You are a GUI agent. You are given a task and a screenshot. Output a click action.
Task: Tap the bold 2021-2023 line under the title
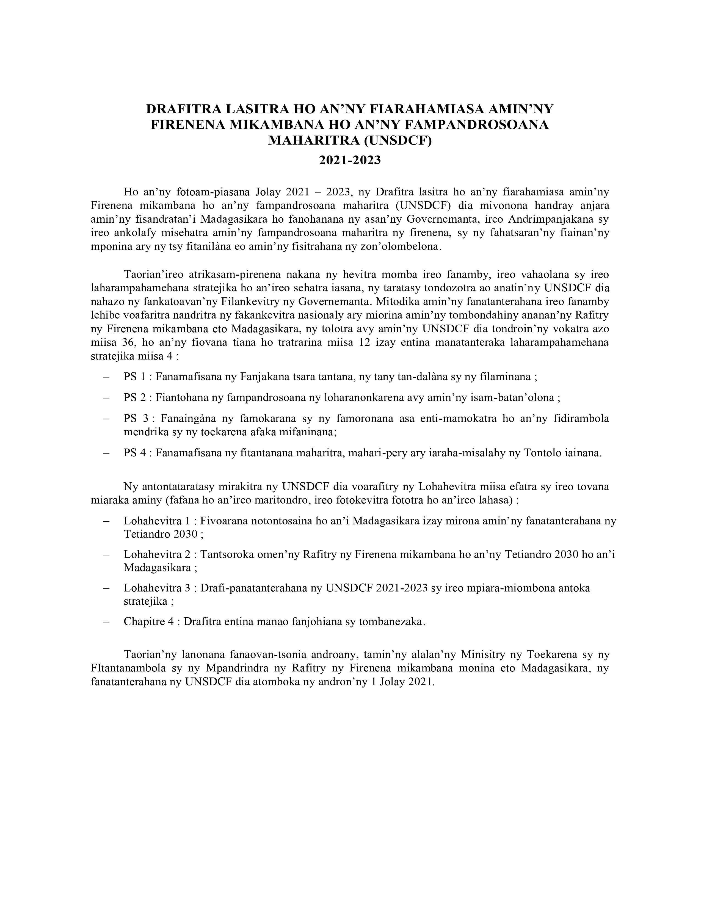350,160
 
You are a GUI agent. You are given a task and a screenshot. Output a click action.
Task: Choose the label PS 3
136,418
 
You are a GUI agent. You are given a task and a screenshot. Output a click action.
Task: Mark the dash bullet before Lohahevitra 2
107,555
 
